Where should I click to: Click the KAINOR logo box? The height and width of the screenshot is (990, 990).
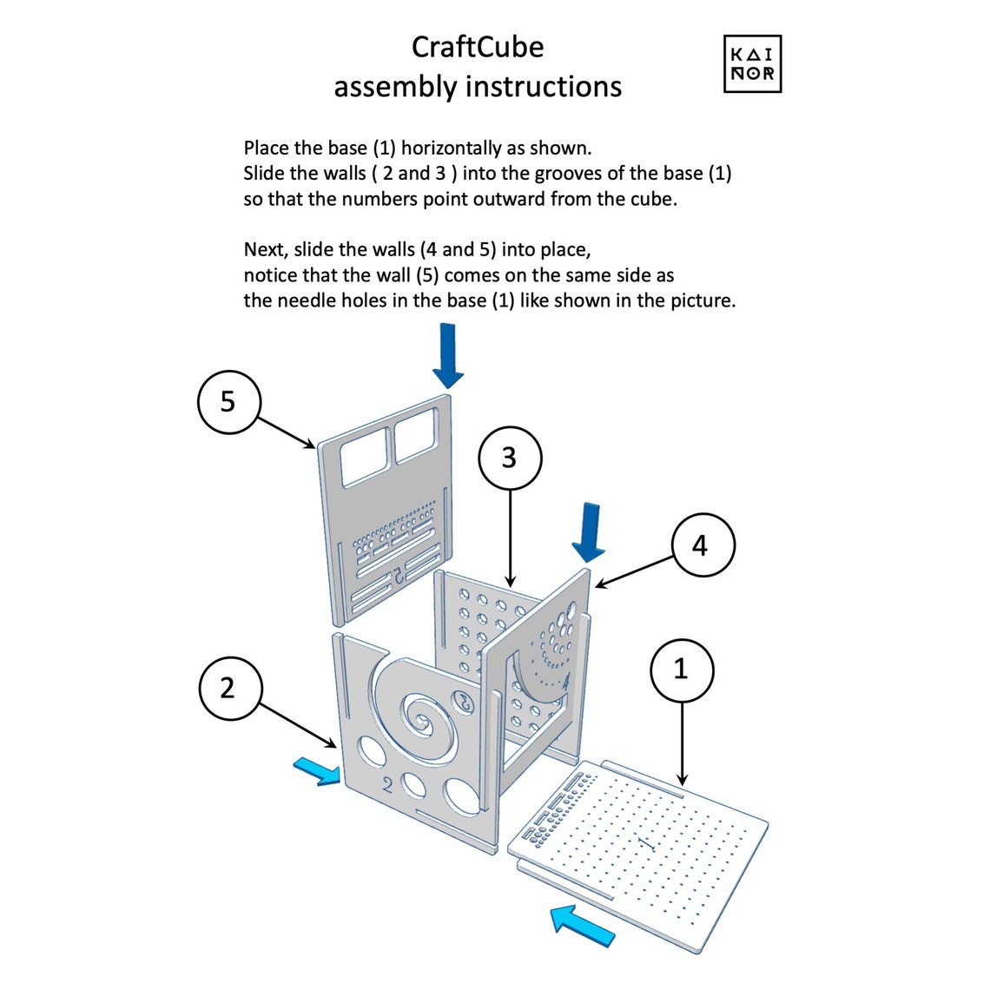(752, 64)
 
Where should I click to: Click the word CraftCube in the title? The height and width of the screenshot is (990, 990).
(478, 46)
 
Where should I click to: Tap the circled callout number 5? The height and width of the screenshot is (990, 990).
(228, 401)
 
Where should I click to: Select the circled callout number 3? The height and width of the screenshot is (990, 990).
(509, 458)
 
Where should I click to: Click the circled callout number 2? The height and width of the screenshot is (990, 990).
(228, 688)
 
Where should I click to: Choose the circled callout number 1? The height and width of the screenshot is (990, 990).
(682, 670)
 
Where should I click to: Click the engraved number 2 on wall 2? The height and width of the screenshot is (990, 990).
(387, 783)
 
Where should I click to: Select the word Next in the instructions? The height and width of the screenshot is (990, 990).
(266, 250)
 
